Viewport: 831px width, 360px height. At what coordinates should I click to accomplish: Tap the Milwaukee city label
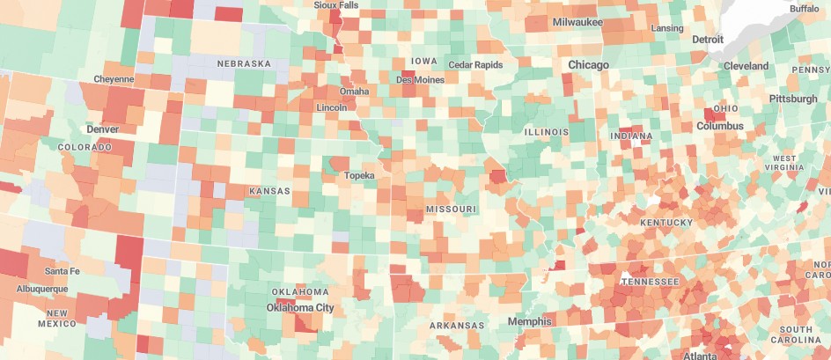click(x=577, y=21)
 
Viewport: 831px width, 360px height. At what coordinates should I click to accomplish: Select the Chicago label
click(x=589, y=65)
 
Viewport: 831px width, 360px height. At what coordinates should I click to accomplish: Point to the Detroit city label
click(x=708, y=40)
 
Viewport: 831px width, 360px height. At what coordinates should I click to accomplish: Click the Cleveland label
click(x=746, y=66)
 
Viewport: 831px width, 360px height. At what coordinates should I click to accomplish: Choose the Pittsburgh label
click(x=792, y=99)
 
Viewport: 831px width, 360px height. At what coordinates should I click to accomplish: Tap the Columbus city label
click(x=719, y=126)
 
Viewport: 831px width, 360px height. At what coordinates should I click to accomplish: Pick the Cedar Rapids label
click(x=475, y=65)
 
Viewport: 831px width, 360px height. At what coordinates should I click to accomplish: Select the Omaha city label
click(x=354, y=91)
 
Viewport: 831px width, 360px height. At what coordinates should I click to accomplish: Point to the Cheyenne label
click(x=114, y=79)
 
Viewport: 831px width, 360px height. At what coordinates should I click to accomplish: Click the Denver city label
click(x=102, y=129)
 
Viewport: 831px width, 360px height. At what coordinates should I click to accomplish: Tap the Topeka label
click(x=359, y=175)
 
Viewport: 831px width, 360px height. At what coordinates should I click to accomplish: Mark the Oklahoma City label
click(x=300, y=308)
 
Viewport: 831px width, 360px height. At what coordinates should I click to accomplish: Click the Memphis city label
click(x=529, y=321)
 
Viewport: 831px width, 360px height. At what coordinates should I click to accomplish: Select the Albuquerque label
click(x=41, y=289)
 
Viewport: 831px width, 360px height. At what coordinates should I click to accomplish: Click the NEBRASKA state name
click(x=244, y=64)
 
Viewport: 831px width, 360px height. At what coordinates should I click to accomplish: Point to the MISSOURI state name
click(x=451, y=209)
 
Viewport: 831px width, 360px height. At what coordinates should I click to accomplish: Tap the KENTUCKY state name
click(x=666, y=223)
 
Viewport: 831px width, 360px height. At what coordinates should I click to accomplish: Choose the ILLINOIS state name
click(x=547, y=132)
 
